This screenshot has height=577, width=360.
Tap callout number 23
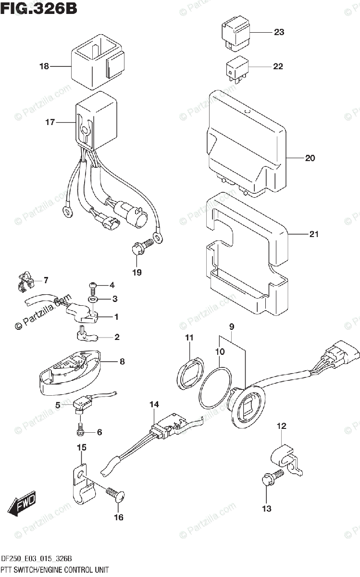coord(279,33)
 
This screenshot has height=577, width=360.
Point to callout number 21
coord(314,235)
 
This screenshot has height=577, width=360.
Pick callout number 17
coord(50,122)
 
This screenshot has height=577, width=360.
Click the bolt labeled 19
coord(139,248)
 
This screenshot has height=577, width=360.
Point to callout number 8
coord(122,361)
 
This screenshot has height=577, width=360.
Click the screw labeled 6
coord(81,427)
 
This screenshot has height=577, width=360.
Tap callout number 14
coord(153,405)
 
